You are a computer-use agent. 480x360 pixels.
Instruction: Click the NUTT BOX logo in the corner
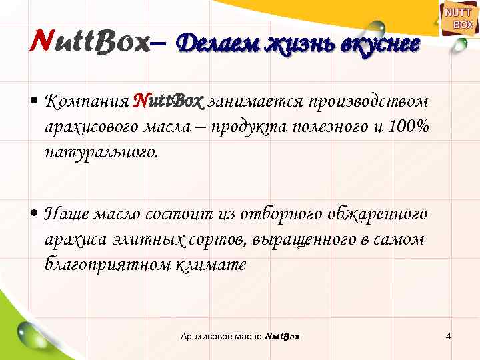point(458,19)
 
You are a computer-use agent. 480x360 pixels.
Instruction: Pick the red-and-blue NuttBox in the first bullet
point(167,101)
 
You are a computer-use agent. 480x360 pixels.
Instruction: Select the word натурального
point(101,151)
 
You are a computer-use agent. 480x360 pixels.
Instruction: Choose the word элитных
point(145,239)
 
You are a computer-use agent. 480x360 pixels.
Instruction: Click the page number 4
point(449,336)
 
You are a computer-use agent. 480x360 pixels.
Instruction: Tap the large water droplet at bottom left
point(33,333)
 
